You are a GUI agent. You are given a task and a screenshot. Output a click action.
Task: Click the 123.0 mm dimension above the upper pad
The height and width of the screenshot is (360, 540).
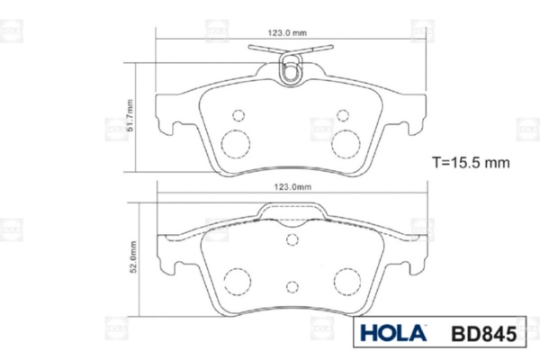coord(287,33)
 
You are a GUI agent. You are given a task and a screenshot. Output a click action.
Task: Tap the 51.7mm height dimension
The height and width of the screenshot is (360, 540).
coord(130,115)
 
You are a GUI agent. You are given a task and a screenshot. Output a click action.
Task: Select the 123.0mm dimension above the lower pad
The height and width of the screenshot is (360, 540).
coord(292,186)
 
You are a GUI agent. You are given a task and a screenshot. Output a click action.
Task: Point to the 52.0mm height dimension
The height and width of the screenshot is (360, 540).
coord(133,257)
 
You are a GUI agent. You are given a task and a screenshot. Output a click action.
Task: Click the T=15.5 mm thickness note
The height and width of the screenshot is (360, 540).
coord(471,162)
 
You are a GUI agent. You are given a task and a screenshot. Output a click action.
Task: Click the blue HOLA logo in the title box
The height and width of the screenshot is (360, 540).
coord(393,333)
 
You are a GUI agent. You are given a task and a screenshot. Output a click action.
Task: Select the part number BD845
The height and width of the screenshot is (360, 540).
coord(484,334)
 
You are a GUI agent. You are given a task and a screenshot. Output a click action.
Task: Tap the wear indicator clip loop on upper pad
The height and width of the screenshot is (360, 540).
coord(291,69)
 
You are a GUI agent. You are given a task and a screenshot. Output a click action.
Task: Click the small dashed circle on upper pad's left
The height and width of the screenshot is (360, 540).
coord(238,115)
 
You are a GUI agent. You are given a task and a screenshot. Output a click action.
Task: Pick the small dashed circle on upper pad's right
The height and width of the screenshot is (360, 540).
coord(343,115)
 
